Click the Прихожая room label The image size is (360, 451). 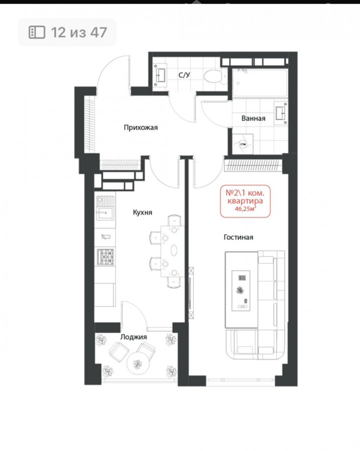[141, 127]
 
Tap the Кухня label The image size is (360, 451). [143, 212]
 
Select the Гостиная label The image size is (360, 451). [238, 238]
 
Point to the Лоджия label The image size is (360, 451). [134, 337]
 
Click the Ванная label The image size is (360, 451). [253, 118]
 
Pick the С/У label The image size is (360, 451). [184, 75]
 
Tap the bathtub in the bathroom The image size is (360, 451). [260, 83]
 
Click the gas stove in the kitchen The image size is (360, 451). [106, 257]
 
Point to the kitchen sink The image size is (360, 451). [105, 208]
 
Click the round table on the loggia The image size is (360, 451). [138, 364]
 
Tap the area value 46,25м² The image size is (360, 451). [245, 209]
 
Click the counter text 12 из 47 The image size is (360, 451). [79, 32]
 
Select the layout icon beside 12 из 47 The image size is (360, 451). [37, 32]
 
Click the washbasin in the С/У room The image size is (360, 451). [160, 75]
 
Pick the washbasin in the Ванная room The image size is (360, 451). [281, 113]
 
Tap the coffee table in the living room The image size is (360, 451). [241, 291]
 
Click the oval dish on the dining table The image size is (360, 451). [174, 250]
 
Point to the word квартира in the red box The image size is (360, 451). [245, 201]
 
